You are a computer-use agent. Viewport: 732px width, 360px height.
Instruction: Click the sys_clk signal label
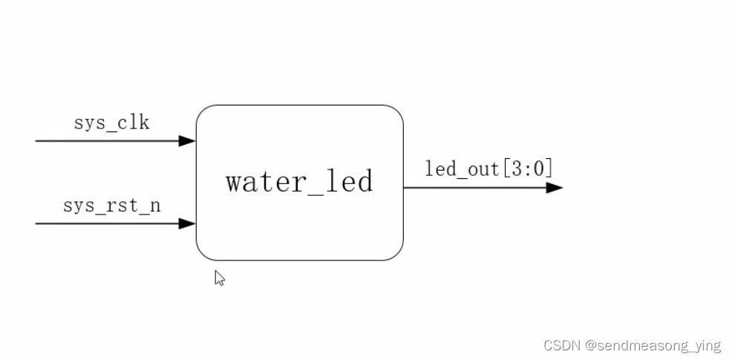coord(111,122)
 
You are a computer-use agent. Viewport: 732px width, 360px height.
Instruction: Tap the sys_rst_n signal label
coord(111,205)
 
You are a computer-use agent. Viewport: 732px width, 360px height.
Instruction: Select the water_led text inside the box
coord(299,181)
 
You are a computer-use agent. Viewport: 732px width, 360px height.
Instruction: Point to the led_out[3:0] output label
coord(488,168)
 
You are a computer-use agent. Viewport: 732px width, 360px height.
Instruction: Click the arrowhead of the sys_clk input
coord(188,140)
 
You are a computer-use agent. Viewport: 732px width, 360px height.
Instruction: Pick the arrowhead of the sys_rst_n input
coord(188,223)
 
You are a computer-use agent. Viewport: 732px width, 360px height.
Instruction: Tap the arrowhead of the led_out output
coord(555,187)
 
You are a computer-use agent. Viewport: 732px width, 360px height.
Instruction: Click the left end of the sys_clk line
coord(37,140)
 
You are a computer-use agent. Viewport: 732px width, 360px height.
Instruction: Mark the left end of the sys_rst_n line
coord(37,223)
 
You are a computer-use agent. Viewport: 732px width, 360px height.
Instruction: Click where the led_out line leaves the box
coord(405,187)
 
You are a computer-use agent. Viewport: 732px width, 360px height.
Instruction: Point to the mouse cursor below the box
coord(219,277)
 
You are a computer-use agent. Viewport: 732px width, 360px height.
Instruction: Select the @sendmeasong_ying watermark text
coord(652,346)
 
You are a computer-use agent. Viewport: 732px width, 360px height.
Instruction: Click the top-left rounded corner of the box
coord(203,112)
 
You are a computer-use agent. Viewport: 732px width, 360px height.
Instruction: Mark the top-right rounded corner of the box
coord(396,112)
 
